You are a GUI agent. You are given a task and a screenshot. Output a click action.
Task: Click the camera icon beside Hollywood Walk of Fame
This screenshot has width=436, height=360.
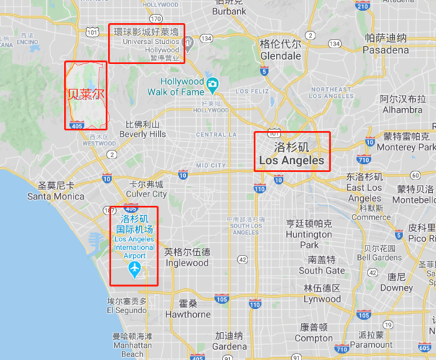tap(212, 86)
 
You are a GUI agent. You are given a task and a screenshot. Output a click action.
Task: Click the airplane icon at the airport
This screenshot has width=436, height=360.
tap(134, 269)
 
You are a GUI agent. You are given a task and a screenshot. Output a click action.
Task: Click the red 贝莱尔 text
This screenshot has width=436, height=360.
tap(86, 94)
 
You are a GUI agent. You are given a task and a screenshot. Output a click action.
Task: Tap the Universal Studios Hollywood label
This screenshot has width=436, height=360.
tap(147, 41)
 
